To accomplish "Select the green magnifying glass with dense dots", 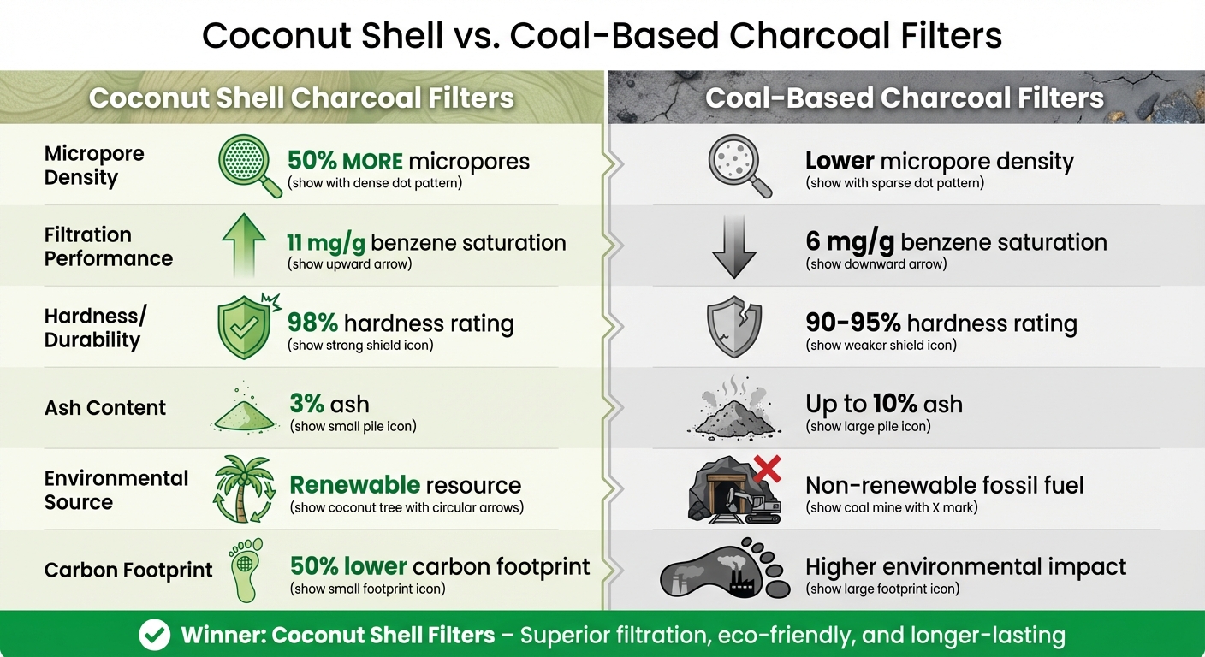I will click(246, 163).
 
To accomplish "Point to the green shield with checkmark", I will click(244, 327).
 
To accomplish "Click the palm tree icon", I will click(244, 488).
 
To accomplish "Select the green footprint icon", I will click(245, 569).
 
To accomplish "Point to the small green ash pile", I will click(245, 415).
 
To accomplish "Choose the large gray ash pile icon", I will click(734, 411).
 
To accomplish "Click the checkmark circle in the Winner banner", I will click(154, 635).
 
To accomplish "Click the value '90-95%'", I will click(852, 323).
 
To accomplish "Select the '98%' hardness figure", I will click(314, 324).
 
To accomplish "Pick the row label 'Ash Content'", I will click(105, 408).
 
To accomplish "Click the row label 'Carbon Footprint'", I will click(128, 571).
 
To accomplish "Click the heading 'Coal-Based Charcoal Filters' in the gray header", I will click(905, 98).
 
